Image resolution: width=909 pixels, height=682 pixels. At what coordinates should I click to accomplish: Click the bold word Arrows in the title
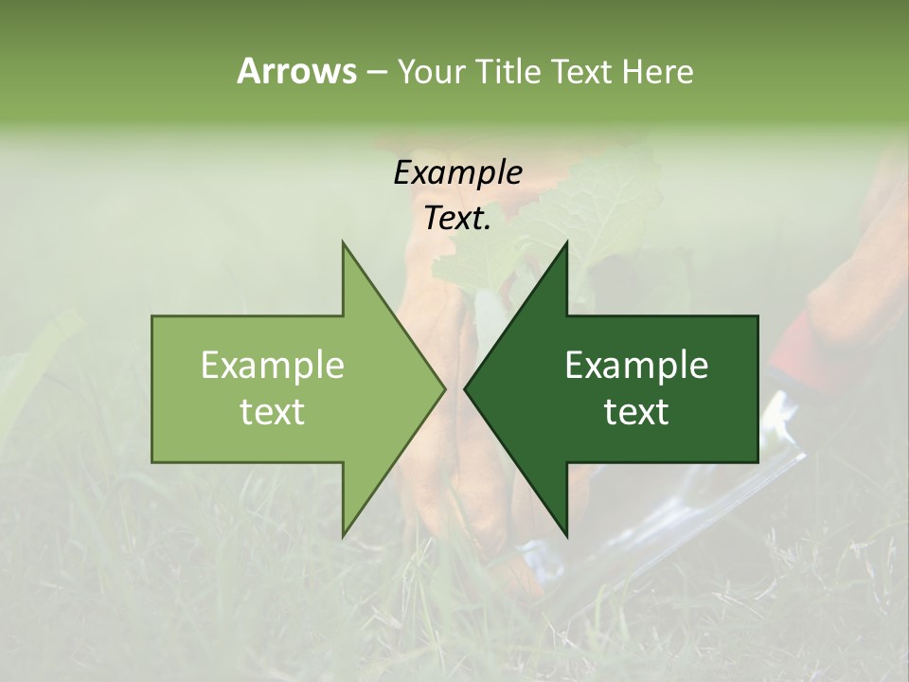296,72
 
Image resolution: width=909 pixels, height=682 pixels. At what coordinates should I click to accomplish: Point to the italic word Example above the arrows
457,172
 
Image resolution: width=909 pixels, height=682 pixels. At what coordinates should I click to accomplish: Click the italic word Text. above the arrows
457,218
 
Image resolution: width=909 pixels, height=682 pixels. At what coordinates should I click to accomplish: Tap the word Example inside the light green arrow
273,366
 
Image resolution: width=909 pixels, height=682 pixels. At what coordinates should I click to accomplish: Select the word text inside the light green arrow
273,412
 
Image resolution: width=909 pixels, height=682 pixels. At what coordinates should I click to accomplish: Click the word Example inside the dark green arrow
636,366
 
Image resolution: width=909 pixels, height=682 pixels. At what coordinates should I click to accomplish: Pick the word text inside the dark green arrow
636,412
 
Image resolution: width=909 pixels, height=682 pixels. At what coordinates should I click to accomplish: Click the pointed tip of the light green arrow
443,388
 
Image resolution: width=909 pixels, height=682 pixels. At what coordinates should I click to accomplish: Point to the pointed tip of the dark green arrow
466,388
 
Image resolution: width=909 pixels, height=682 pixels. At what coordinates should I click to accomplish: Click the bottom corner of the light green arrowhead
344,534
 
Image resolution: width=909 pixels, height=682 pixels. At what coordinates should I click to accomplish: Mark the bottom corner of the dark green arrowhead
566,534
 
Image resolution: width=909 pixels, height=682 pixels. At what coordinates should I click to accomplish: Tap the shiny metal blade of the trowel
663,530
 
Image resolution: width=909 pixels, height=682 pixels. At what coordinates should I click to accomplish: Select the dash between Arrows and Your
376,73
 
